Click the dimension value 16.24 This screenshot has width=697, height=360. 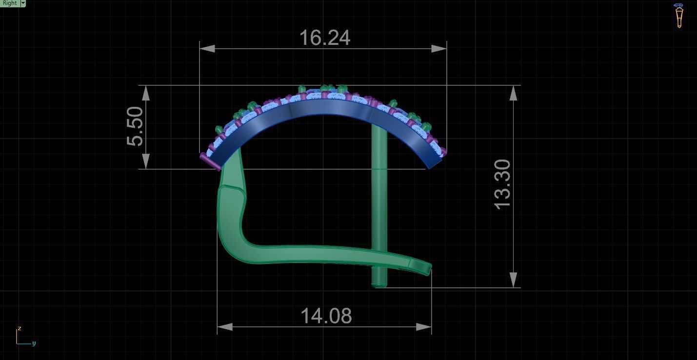coord(324,38)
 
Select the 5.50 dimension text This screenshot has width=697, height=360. coord(135,126)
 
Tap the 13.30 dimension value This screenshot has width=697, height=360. coord(503,184)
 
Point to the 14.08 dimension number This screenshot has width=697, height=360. coord(326,316)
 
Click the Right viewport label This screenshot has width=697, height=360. coord(9,3)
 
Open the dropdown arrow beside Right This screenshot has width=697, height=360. coord(23,3)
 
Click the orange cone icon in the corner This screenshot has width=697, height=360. coord(679,16)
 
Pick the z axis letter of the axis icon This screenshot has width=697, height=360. coord(20,328)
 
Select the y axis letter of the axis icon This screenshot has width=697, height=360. coord(34,343)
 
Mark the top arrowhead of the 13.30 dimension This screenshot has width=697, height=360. coord(514,93)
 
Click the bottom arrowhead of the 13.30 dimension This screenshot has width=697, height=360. coord(514,280)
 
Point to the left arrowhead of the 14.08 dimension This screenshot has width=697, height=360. coord(224,327)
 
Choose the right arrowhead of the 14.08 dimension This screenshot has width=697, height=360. coord(424,327)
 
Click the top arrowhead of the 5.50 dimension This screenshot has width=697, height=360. coord(146,93)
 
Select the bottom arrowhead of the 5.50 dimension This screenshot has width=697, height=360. coord(146,161)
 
